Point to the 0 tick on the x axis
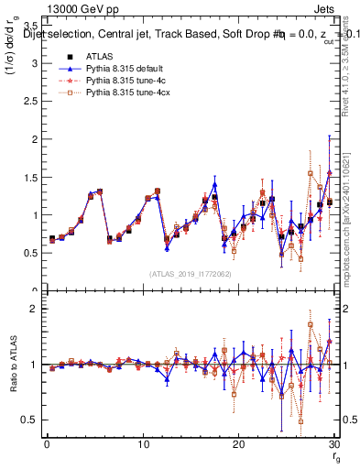pos(47,444)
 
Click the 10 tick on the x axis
pos(142,444)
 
